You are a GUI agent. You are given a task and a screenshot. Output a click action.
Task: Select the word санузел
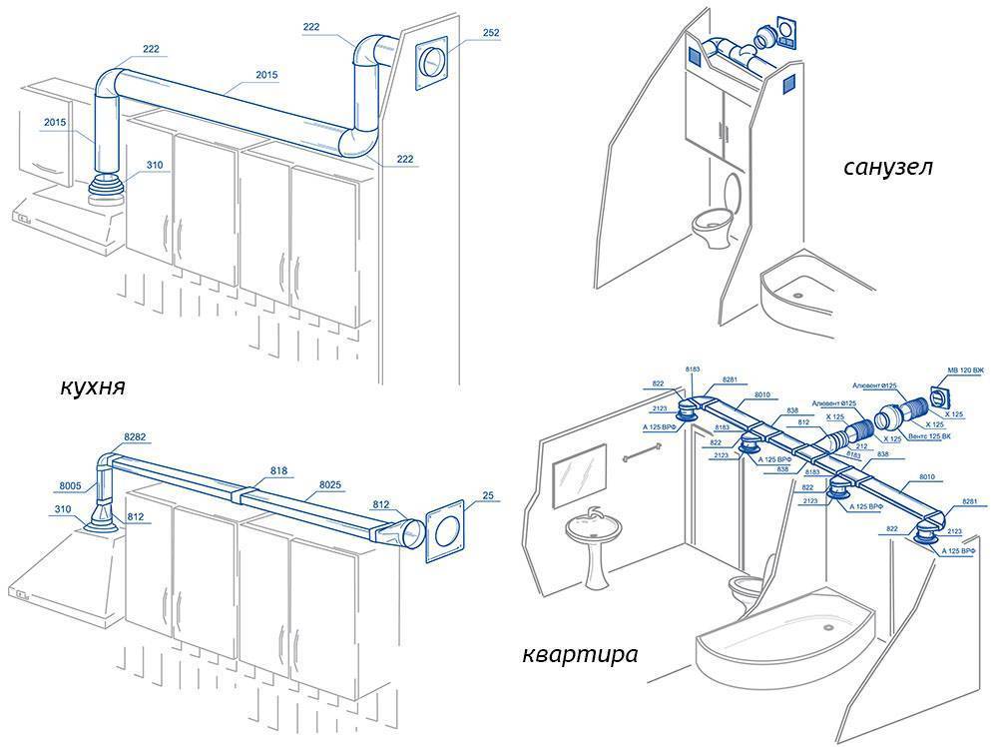pos(886,167)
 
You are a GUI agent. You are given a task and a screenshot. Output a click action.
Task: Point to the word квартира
pos(580,655)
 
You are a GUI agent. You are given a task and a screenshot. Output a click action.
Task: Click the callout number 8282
pos(135,437)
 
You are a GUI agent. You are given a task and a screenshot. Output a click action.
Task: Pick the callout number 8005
pos(70,486)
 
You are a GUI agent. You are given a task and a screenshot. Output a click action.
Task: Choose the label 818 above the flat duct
pos(279,469)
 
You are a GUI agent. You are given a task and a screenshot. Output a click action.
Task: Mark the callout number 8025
pos(331,483)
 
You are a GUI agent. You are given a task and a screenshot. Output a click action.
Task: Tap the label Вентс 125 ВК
pos(927,436)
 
